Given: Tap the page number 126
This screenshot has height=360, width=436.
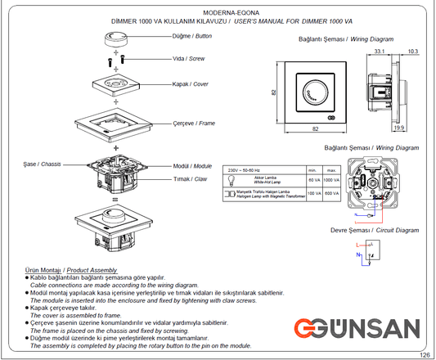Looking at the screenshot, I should click(x=425, y=354).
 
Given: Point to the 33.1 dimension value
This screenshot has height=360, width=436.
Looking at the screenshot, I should click(x=380, y=52).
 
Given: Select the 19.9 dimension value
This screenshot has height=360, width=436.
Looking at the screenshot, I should click(x=398, y=128).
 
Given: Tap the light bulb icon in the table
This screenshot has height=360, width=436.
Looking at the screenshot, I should click(x=231, y=178).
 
